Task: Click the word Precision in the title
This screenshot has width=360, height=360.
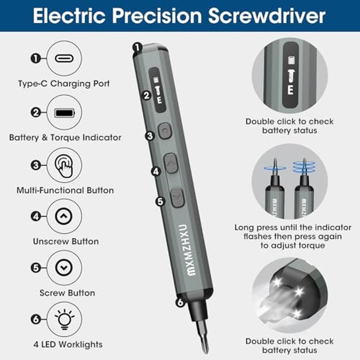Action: (x=157, y=16)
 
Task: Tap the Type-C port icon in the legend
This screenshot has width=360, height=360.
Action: (x=64, y=58)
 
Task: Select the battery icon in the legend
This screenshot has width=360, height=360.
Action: (x=64, y=113)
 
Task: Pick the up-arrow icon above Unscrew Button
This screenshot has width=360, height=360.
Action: (x=64, y=216)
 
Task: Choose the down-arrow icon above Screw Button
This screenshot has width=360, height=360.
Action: (x=64, y=267)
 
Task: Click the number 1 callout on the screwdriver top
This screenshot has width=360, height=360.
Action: (x=137, y=48)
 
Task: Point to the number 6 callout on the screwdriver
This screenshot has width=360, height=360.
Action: (x=180, y=302)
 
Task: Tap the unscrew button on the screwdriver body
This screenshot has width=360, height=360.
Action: (x=171, y=163)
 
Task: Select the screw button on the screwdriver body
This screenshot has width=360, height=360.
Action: (x=177, y=197)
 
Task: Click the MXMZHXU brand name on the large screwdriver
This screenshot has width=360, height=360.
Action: (x=187, y=250)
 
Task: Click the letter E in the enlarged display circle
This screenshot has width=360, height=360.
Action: (x=291, y=89)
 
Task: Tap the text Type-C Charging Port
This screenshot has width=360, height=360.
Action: (x=64, y=84)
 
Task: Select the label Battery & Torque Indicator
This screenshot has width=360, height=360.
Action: (x=65, y=138)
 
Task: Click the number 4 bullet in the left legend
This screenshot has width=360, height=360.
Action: (x=36, y=216)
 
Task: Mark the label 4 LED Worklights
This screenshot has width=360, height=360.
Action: (x=68, y=345)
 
